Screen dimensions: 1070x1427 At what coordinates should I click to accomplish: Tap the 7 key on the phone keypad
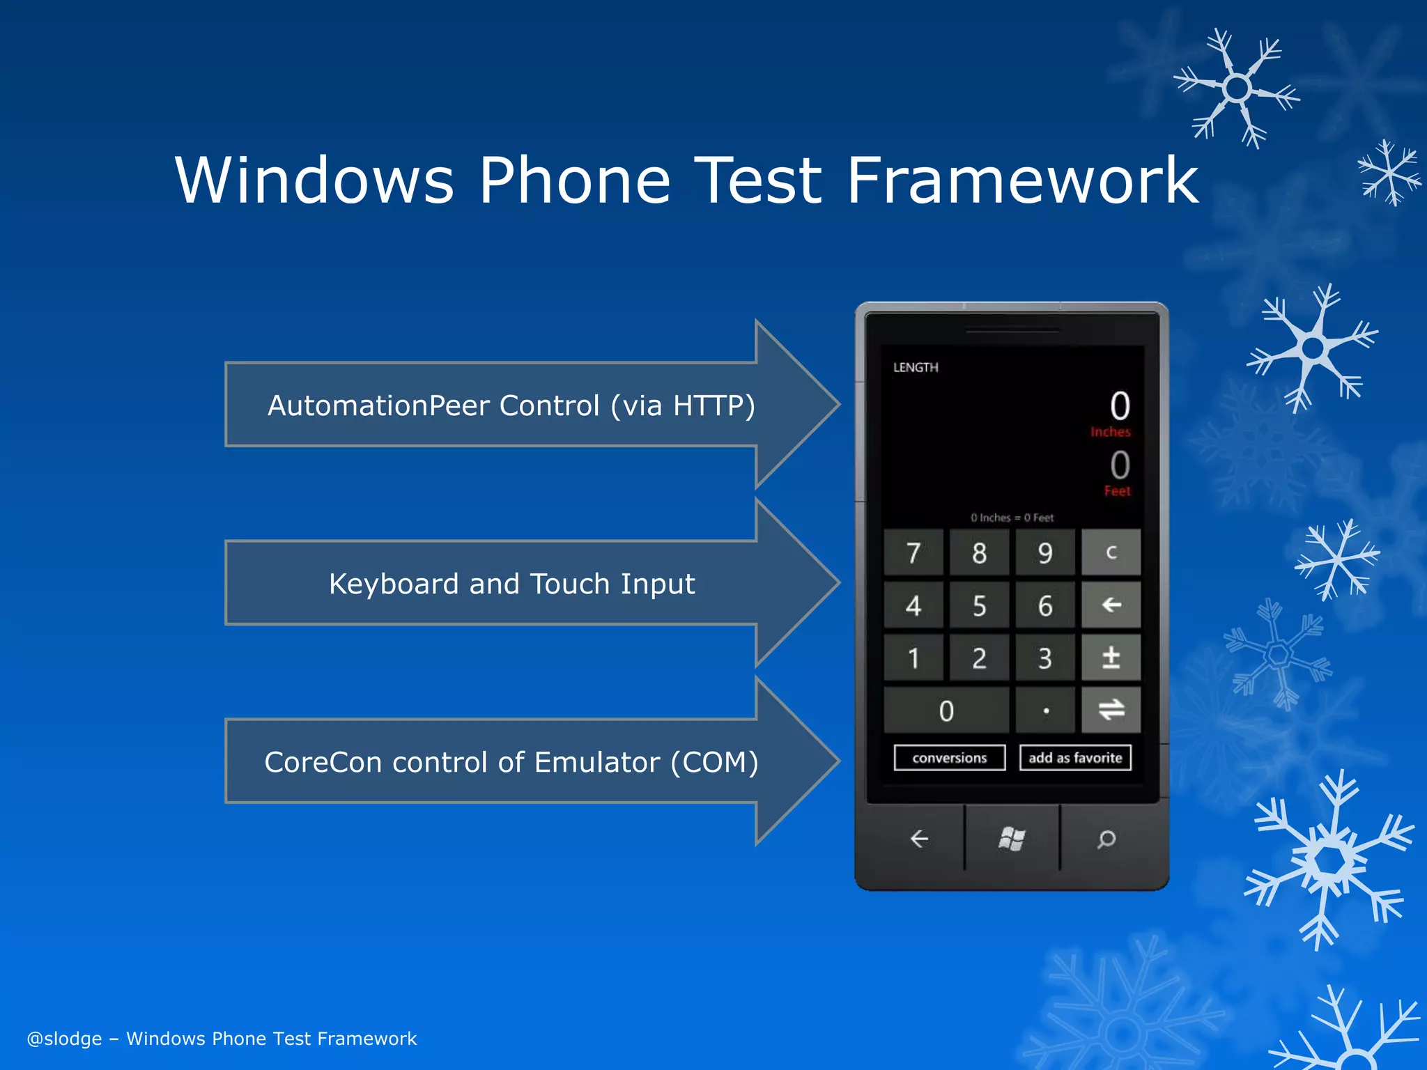point(913,553)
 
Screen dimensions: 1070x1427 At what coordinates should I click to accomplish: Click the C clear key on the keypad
point(1111,552)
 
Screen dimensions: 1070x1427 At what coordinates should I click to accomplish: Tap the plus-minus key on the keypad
point(1111,658)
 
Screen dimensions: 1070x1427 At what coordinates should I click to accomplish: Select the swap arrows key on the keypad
point(1111,710)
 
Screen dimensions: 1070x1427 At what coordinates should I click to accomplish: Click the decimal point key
point(1045,711)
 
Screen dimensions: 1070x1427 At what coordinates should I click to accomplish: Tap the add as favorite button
point(1074,758)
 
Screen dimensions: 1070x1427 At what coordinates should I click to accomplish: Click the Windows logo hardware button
point(1012,839)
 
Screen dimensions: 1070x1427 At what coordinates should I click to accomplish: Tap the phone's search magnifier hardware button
point(1106,839)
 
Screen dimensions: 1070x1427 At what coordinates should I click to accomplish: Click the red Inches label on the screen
point(1110,432)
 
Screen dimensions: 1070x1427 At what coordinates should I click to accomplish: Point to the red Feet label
point(1117,491)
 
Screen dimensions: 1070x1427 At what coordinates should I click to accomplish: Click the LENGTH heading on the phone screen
point(916,367)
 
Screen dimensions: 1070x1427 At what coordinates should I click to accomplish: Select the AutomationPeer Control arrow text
point(511,405)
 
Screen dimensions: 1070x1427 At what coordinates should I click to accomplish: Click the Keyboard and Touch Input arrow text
point(511,584)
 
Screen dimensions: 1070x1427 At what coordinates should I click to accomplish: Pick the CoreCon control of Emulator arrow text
point(511,762)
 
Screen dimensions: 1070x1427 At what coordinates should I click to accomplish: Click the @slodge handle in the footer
point(64,1039)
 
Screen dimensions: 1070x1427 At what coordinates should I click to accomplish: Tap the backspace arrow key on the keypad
point(1111,605)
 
